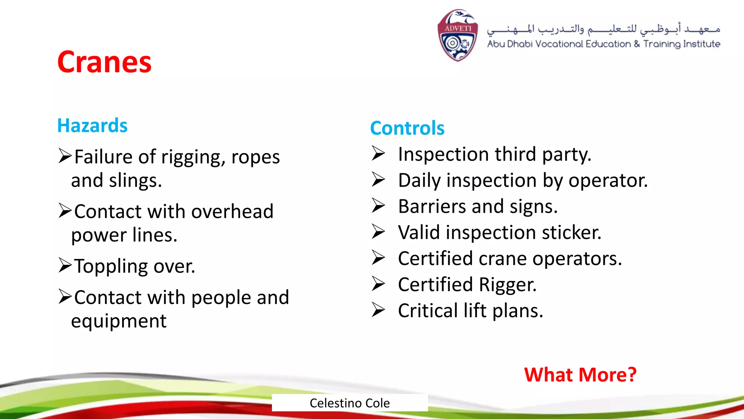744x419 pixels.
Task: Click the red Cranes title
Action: tap(104, 62)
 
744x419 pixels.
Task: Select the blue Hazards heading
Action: tap(92, 125)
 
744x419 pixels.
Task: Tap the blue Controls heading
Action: tap(407, 128)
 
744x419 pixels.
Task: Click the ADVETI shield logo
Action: tap(457, 36)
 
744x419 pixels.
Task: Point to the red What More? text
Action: tap(580, 375)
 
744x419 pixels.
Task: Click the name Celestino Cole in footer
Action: tap(349, 403)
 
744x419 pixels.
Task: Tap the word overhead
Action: tap(232, 212)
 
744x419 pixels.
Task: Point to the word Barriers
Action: tap(432, 207)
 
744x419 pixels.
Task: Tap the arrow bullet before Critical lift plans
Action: tap(378, 310)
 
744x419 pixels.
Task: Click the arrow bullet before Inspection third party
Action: tap(378, 153)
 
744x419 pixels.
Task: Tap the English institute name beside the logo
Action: tap(603, 44)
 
